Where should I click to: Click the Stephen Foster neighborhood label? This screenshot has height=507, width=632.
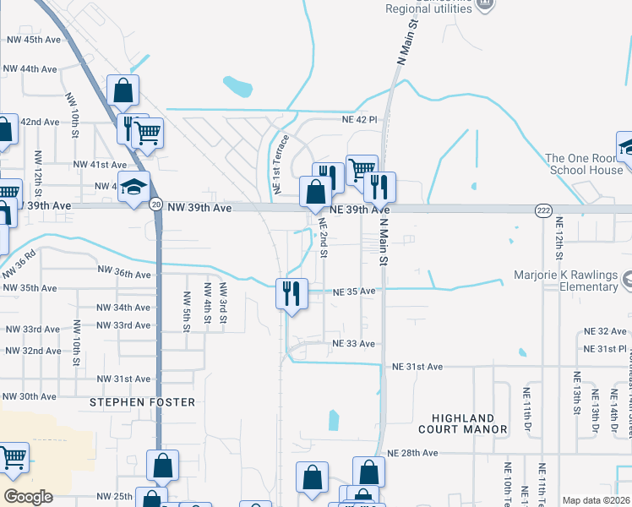[142, 402]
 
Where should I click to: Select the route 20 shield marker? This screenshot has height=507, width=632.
[156, 204]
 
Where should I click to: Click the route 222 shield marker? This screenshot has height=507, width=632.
[543, 209]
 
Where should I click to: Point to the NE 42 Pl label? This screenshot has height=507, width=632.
[358, 120]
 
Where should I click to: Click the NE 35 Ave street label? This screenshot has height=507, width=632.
[354, 292]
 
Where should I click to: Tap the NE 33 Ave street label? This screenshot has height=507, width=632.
[353, 344]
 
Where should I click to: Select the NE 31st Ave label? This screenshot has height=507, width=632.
[417, 367]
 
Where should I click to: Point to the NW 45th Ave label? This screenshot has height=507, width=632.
[34, 40]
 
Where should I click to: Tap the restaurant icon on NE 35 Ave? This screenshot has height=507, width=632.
[291, 293]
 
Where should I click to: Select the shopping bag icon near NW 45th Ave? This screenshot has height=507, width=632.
[123, 89]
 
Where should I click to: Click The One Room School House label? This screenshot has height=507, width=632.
[584, 164]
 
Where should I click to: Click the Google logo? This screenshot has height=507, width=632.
[28, 497]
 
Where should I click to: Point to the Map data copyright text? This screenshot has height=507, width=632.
[595, 500]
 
